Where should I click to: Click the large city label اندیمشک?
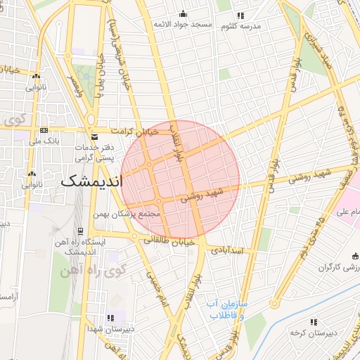(x=91, y=180)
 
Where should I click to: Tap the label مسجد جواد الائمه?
(x=183, y=25)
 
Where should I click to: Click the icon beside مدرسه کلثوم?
(x=240, y=15)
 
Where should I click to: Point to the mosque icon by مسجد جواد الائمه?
(x=184, y=13)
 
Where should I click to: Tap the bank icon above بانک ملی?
(x=44, y=130)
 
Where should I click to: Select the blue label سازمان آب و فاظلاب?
(x=226, y=309)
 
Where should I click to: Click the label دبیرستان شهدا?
(x=106, y=328)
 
